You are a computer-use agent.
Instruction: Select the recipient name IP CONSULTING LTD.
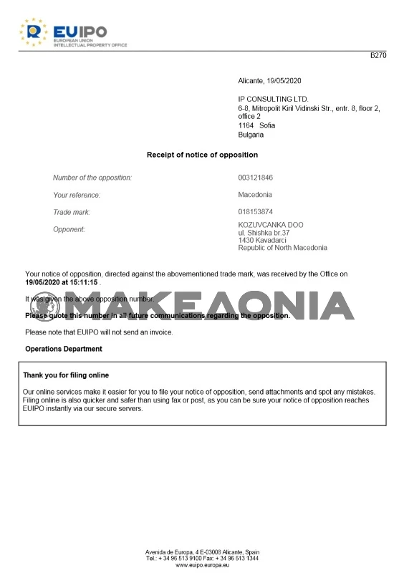coord(273,99)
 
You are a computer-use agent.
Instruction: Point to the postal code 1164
coord(246,125)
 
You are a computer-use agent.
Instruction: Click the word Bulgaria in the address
coord(251,134)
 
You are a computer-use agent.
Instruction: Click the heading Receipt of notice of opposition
coord(202,155)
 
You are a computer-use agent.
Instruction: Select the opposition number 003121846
coord(256,177)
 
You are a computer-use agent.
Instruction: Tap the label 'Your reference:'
coord(77,195)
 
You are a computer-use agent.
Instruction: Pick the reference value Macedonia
coord(255,194)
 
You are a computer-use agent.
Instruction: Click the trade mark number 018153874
coord(256,212)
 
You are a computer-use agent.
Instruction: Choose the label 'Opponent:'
coord(69,229)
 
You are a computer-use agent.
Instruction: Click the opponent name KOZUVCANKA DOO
coord(270,225)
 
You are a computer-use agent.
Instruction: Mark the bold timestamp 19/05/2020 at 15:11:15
coord(61,282)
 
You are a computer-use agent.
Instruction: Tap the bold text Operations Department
coord(64,349)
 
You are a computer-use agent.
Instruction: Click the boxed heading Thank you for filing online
coord(66,375)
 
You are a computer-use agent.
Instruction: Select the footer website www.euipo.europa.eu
coord(202,565)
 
